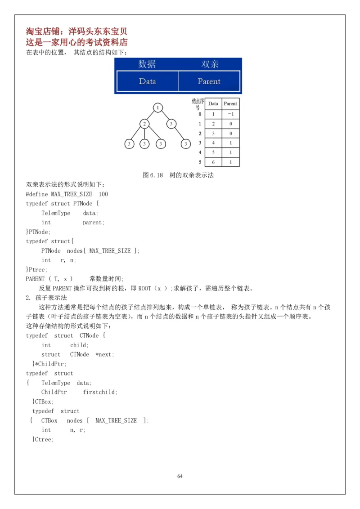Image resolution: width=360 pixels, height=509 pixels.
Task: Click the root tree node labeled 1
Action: click(158, 107)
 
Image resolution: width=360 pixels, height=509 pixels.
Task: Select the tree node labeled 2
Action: click(144, 123)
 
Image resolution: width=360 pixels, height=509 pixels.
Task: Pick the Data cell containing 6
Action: click(213, 162)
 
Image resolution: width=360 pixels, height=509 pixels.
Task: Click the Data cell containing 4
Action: click(213, 143)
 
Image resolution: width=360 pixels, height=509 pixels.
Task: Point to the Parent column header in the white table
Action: click(230, 103)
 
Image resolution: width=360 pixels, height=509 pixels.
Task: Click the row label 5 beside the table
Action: click(200, 162)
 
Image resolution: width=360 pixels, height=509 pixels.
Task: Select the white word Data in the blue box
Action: click(147, 81)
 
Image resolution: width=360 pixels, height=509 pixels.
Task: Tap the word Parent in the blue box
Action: click(209, 81)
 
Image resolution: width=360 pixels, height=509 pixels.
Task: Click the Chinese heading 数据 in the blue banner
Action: click(147, 64)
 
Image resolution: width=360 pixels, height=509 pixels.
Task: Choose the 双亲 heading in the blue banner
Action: click(210, 64)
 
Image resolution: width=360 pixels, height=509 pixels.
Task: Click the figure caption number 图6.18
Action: click(153, 175)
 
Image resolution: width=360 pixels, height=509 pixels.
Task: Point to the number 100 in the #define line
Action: click(103, 194)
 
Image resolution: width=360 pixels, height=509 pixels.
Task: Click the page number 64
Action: click(180, 476)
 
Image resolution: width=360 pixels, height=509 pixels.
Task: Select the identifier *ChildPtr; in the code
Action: click(50, 364)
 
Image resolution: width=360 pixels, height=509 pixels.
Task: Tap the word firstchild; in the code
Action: click(100, 392)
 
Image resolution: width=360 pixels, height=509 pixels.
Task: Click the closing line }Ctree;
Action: click(43, 439)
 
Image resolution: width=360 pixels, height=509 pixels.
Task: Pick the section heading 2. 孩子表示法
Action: click(46, 298)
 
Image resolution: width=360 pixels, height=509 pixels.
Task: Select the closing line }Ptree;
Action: click(36, 269)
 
